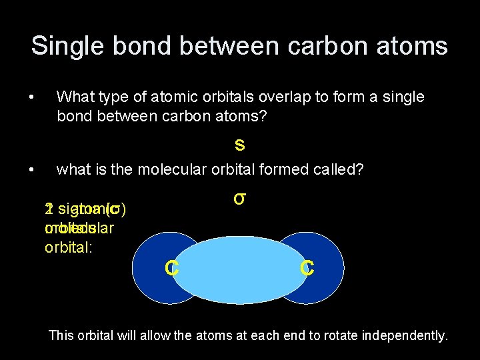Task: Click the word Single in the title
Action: [63, 46]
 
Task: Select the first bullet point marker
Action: [32, 97]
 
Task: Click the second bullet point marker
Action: [32, 170]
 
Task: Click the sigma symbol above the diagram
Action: [240, 199]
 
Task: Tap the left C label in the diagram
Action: [171, 268]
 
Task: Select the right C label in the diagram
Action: [307, 268]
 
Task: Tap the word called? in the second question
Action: [341, 169]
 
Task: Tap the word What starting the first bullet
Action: [75, 97]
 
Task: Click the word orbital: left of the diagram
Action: [65, 244]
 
